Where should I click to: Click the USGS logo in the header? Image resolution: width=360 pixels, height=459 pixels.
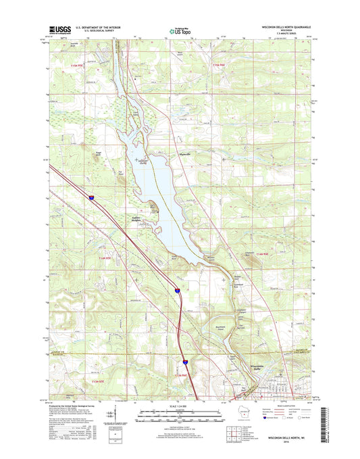click(58, 29)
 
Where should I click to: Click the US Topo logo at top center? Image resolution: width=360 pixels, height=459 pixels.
click(179, 30)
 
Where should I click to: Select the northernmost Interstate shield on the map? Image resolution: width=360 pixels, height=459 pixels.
click(90, 197)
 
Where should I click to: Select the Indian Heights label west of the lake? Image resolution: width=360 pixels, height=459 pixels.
click(140, 218)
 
